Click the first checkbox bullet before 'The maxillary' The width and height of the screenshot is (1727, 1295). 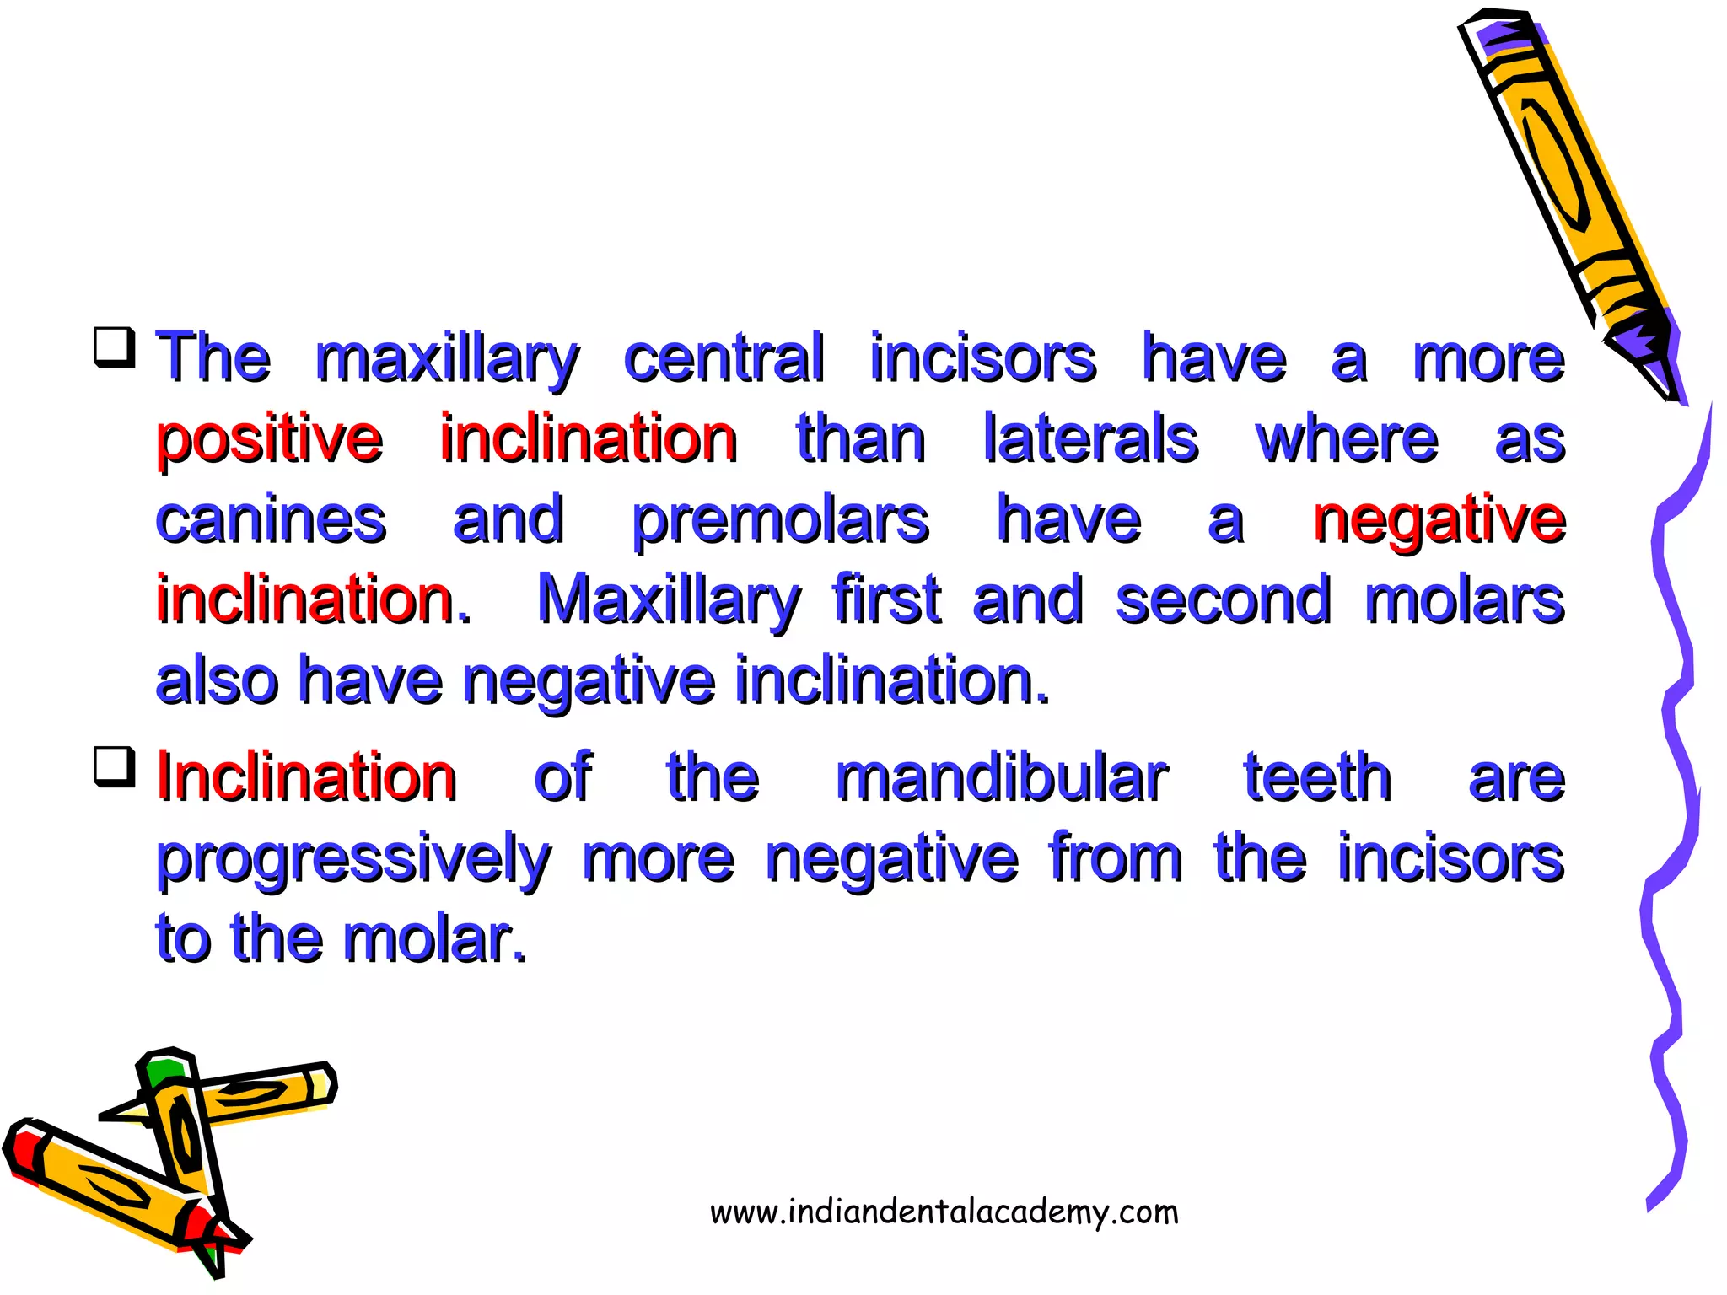tap(114, 347)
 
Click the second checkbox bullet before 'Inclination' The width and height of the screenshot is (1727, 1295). tap(114, 766)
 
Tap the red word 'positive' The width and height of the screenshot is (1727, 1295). tap(270, 440)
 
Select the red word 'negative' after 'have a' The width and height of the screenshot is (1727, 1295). tap(1439, 519)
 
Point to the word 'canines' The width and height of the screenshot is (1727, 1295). tap(271, 519)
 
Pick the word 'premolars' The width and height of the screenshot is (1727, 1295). tap(780, 521)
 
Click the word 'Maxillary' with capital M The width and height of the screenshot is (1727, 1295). tap(668, 600)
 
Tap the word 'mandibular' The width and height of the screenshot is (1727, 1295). tap(1001, 777)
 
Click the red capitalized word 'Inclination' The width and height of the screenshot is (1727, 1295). tap(307, 777)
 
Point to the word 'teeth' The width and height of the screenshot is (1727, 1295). tap(1317, 777)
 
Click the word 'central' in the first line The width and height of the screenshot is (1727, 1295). tap(724, 358)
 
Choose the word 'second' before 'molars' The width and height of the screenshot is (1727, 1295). tap(1224, 600)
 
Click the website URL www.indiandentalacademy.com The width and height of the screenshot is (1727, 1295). tap(944, 1212)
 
